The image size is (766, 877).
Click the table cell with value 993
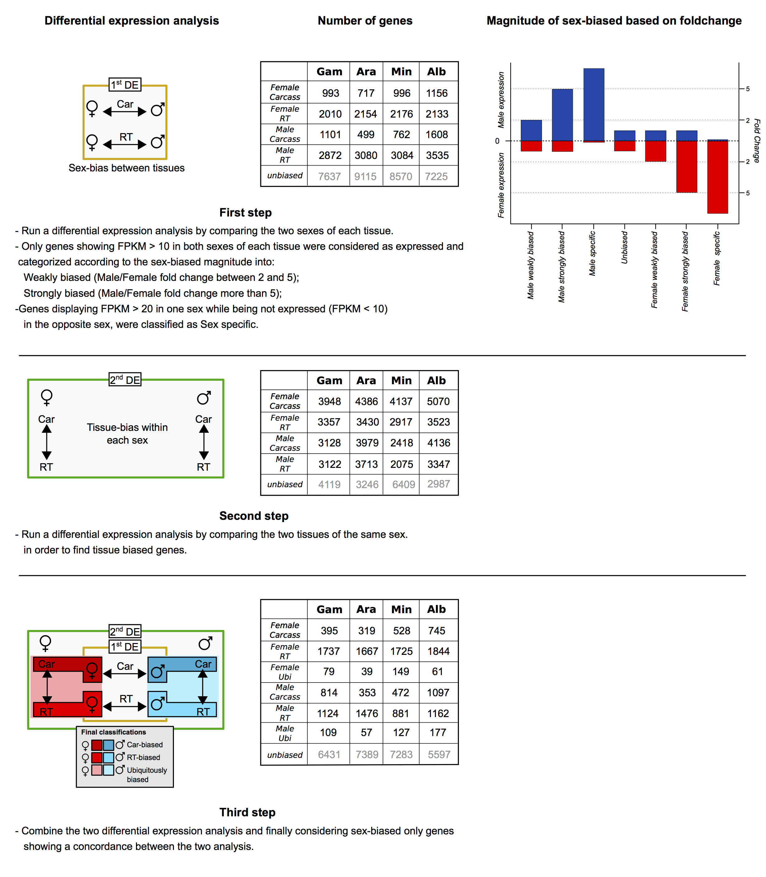(x=330, y=93)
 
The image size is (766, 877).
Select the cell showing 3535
(x=437, y=155)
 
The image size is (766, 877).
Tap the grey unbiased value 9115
(x=366, y=176)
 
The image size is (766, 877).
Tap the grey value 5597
(x=439, y=754)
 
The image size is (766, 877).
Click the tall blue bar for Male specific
(x=594, y=105)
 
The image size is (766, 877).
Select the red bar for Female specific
(x=718, y=177)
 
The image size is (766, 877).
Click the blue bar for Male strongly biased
(x=562, y=115)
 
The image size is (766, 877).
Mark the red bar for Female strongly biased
(x=686, y=167)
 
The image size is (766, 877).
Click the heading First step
(x=245, y=212)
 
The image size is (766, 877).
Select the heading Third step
(x=247, y=812)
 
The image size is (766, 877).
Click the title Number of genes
(x=365, y=21)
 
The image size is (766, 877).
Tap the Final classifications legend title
(x=113, y=732)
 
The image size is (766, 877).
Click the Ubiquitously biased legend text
(x=147, y=774)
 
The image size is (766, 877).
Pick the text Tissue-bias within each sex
(x=127, y=433)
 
